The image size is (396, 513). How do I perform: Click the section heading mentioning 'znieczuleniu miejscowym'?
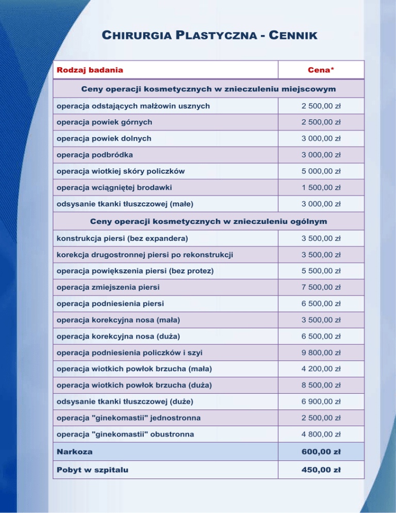208,89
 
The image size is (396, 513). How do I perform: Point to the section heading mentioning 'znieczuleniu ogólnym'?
208,221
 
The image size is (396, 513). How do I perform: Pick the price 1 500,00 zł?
321,187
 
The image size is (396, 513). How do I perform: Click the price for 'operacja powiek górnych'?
321,122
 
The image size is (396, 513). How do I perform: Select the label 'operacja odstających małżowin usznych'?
126,106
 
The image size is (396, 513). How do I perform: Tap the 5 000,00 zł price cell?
321,171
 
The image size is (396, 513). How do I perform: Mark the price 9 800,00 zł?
321,352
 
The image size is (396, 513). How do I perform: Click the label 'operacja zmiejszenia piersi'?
104,286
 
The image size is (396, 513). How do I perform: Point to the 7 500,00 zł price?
321,287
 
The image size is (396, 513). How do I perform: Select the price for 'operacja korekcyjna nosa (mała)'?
321,320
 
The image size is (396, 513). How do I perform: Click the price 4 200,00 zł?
321,369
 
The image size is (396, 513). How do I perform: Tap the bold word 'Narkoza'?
75,452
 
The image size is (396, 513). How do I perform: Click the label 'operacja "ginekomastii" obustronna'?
125,435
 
